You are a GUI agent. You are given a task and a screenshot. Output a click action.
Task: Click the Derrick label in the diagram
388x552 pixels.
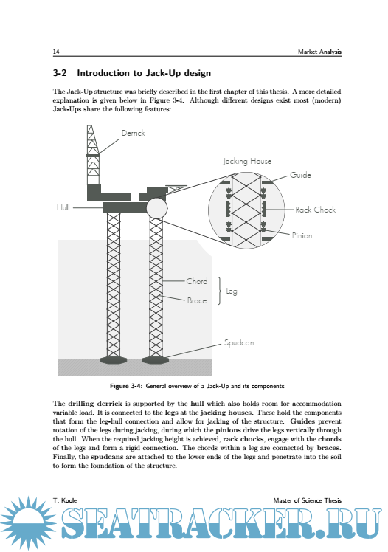[133, 133]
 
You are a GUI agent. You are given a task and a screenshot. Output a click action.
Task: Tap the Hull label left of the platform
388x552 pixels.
[63, 207]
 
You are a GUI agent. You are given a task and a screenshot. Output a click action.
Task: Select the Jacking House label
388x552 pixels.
[247, 161]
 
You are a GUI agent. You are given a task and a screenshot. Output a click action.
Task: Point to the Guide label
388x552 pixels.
[300, 175]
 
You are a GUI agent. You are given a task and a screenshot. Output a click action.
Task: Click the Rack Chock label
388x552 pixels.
[315, 210]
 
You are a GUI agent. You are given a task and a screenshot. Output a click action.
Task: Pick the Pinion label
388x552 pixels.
[302, 235]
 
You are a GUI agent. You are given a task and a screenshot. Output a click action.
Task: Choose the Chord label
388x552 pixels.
[197, 281]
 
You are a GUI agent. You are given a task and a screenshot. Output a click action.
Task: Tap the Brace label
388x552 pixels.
[197, 300]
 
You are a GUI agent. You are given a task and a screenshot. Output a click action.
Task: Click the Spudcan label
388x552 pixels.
[239, 342]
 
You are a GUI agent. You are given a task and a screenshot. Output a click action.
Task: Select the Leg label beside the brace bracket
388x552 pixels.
[232, 291]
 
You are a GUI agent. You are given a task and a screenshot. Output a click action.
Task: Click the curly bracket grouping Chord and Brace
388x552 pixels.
[220, 291]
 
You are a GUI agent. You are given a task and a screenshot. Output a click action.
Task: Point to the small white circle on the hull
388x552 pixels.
[156, 208]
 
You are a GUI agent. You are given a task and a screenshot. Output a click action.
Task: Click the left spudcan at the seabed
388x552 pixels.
[114, 360]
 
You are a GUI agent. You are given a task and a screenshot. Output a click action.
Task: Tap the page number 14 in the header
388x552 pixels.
[56, 52]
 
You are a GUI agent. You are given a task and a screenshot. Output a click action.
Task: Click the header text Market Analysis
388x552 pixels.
[319, 52]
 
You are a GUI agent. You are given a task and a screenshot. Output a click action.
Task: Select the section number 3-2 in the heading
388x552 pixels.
[60, 73]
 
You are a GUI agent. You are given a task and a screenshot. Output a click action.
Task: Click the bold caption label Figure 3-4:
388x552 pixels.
[126, 386]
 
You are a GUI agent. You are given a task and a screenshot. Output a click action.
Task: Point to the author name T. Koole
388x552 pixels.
[65, 500]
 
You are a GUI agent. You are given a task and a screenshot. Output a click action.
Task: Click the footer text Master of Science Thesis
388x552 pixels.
[307, 500]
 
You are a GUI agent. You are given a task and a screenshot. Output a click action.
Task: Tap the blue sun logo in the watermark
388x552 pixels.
[28, 522]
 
